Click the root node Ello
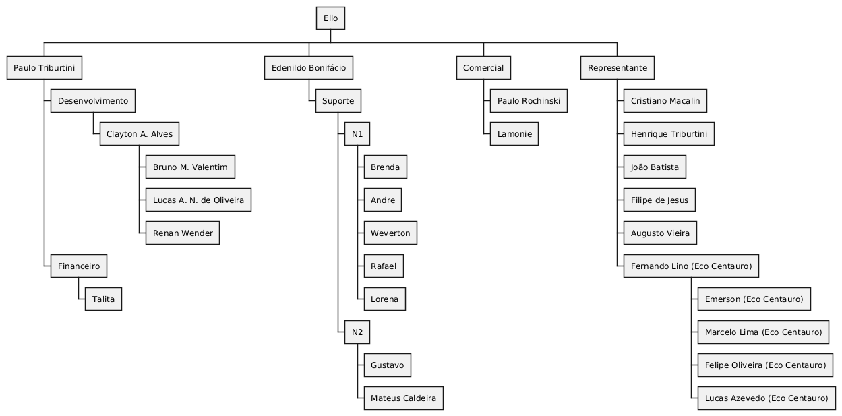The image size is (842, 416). point(330,18)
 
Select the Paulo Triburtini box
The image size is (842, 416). point(44,67)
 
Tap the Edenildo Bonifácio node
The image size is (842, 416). point(309,67)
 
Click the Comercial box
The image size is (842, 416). point(483,67)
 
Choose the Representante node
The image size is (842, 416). point(618,67)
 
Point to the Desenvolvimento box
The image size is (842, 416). point(93,100)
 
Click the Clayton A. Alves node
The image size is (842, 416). point(140,133)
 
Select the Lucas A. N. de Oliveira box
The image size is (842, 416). point(198,200)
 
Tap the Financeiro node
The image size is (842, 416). point(79,266)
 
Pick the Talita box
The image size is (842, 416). point(103,299)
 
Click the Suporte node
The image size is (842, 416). point(338,100)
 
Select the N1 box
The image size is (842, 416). point(357,133)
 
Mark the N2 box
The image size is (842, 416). point(357,332)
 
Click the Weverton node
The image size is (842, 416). point(390,233)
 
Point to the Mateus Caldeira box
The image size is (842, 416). point(404,398)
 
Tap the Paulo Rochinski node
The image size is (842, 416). point(529,100)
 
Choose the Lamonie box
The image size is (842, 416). point(514,133)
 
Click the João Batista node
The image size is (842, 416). point(655,167)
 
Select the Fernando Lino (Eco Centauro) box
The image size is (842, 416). point(691,266)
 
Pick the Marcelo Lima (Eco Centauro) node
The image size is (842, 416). point(763,332)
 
